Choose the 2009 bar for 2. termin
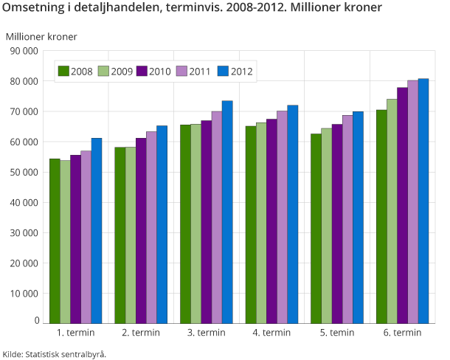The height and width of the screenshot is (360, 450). coord(131,235)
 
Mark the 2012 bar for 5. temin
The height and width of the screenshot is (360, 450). coord(359,217)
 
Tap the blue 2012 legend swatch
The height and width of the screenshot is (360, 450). coord(223,72)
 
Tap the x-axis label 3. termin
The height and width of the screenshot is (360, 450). coord(206,333)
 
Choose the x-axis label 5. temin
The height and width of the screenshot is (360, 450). coord(336,333)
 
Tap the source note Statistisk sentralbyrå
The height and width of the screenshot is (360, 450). coord(65,353)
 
